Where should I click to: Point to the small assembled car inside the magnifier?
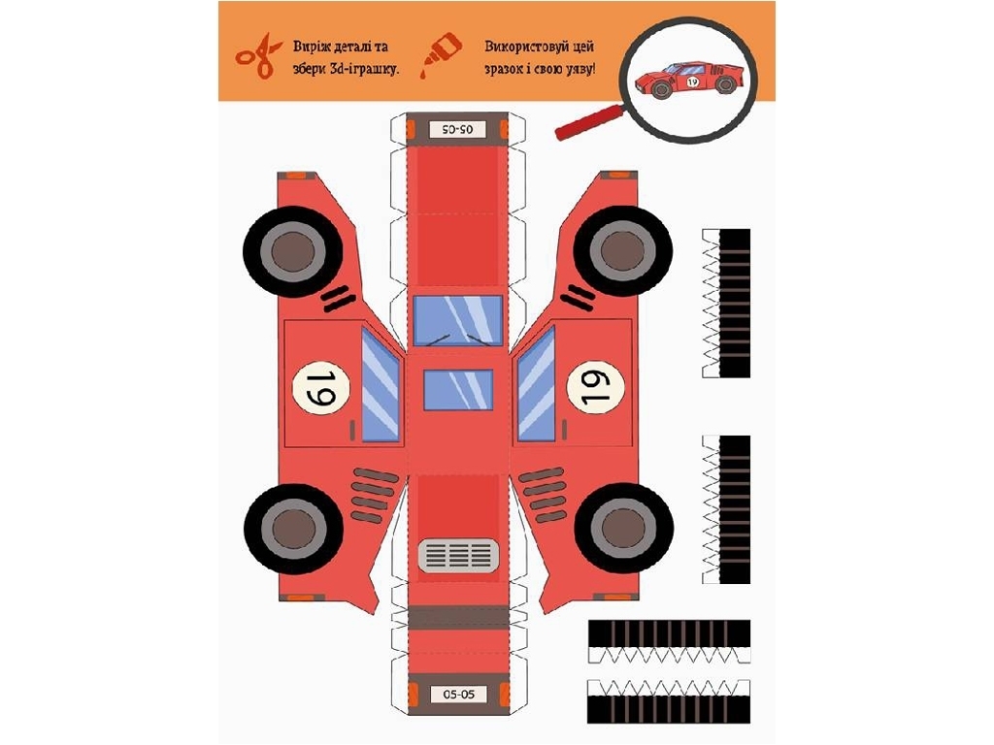coord(688,80)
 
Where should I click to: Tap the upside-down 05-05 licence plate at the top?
coord(456,129)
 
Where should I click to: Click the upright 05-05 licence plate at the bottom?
coord(458,695)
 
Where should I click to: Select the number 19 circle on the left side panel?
coord(320,388)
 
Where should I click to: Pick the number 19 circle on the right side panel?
coord(595,387)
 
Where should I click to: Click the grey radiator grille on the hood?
coord(458,556)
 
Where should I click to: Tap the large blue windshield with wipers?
coord(458,320)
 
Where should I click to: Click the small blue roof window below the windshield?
coord(458,390)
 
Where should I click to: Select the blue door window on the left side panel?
coord(381,383)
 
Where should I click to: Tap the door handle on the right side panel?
coord(564,430)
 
